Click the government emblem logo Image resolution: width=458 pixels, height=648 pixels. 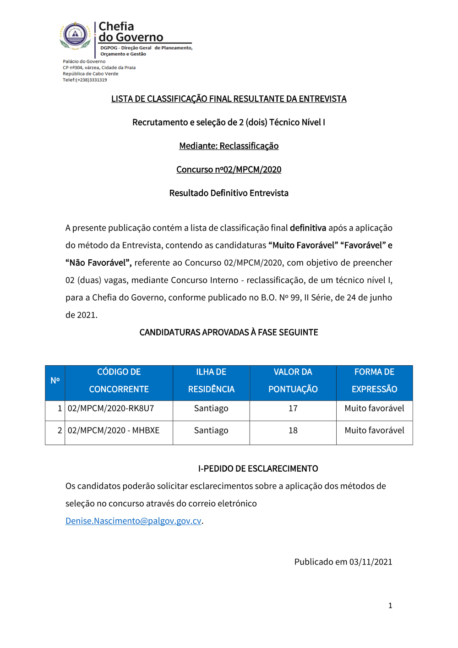coord(76,35)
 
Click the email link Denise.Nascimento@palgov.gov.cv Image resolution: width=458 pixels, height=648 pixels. coord(133,521)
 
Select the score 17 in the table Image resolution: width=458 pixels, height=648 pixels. coord(293,408)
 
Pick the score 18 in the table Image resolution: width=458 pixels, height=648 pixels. coord(293,430)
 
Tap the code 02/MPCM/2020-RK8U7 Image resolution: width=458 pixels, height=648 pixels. coord(111,408)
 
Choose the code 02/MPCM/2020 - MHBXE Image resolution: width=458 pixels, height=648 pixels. coord(114,430)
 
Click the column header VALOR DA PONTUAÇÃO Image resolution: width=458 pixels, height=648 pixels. coord(293,380)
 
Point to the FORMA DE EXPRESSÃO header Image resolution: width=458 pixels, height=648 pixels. coord(374,380)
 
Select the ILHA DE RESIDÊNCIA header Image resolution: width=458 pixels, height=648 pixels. coord(211,380)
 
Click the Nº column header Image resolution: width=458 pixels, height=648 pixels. coord(55,380)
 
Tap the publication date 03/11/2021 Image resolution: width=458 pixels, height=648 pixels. coord(371,562)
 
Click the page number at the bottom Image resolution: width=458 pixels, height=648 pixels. coord(390,606)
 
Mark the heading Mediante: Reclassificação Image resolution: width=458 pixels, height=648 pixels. coord(229,146)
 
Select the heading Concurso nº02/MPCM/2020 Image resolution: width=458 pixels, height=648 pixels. coord(229,170)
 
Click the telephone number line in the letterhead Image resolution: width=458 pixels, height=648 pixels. coord(85,80)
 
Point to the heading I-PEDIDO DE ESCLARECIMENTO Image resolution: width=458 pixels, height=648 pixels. coord(258,468)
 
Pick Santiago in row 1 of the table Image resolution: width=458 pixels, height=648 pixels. coord(211,408)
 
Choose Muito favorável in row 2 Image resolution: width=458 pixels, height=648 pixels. coord(374,430)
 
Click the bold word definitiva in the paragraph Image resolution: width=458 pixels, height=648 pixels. coord(308,228)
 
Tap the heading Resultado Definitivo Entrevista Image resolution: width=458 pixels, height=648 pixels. coord(229,193)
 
